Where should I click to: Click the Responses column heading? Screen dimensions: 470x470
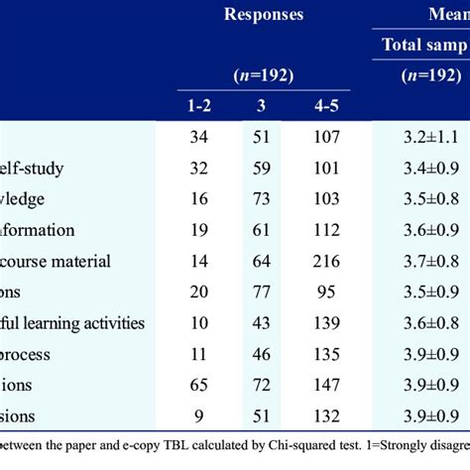(x=263, y=14)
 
